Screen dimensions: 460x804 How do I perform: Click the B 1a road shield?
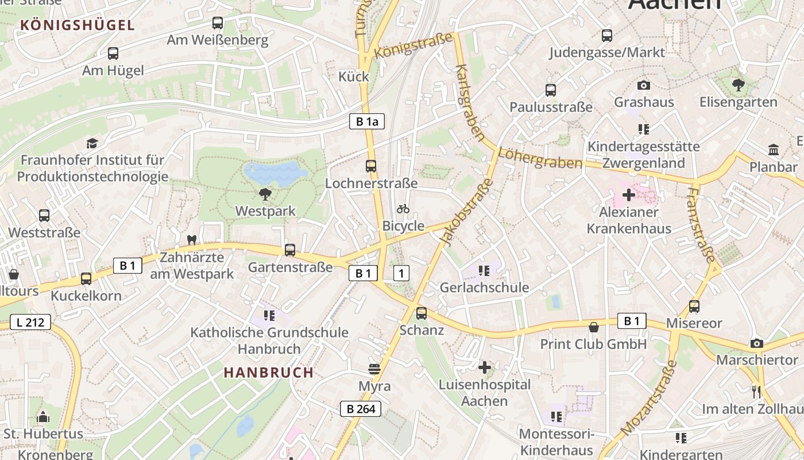(366, 121)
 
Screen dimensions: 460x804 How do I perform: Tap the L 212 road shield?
(30, 323)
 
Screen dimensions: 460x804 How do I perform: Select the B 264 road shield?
(360, 409)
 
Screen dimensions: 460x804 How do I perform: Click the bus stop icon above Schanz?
(422, 313)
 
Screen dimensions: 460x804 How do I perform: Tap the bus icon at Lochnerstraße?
(371, 166)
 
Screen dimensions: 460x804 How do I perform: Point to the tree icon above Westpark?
(265, 194)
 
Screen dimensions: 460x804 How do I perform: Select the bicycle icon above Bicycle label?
(403, 209)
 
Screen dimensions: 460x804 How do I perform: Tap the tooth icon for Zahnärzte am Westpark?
(192, 240)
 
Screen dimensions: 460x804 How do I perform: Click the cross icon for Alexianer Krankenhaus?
(629, 195)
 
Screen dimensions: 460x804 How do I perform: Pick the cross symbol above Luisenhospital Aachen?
(485, 367)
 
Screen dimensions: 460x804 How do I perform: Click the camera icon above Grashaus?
(644, 85)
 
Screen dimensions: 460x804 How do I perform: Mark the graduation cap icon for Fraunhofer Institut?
(92, 143)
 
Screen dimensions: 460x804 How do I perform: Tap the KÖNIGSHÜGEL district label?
(78, 25)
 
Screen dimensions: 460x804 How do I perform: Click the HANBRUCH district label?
(269, 373)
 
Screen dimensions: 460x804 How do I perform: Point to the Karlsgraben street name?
(469, 102)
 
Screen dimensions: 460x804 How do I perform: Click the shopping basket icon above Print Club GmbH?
(594, 327)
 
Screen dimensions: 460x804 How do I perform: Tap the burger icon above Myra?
(374, 369)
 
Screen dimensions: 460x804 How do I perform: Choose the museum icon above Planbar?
(774, 150)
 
